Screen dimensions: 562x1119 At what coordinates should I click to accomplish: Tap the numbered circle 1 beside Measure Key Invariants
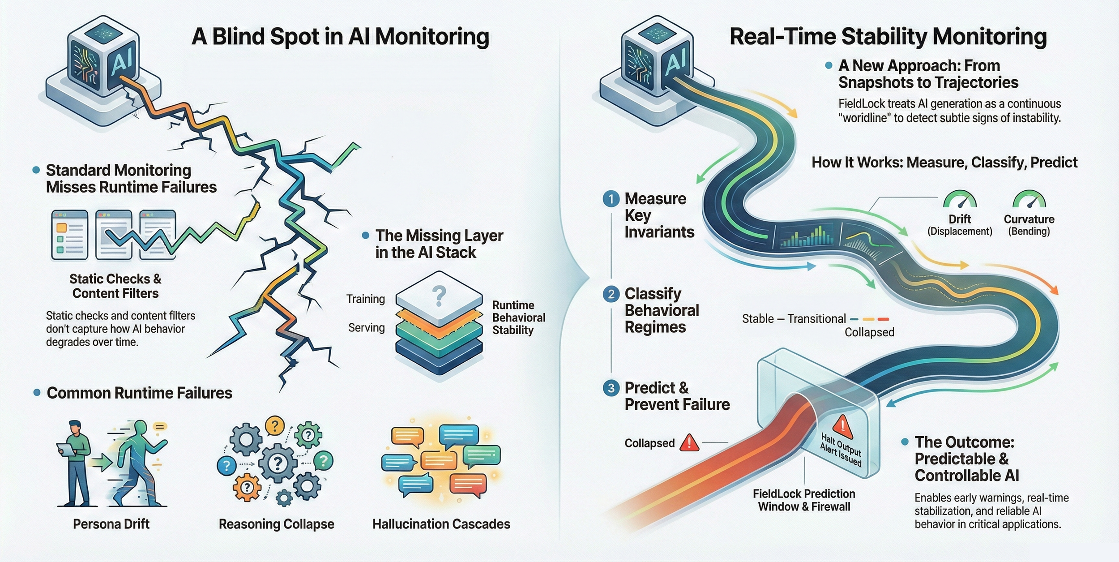[611, 199]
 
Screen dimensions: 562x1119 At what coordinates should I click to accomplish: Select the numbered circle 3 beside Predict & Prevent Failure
[611, 388]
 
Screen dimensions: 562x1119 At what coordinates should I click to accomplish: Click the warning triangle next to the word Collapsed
[689, 442]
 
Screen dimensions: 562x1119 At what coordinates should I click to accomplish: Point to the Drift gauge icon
[960, 200]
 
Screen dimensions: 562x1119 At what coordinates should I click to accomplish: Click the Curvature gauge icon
[1029, 200]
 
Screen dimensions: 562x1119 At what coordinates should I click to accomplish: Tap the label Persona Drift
[111, 524]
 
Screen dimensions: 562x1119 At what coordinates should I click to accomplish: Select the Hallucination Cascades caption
[441, 524]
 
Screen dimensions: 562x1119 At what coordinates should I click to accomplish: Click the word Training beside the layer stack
[365, 299]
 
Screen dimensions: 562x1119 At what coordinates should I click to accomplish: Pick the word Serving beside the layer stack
[366, 327]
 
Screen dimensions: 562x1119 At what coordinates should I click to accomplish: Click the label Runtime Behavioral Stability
[518, 317]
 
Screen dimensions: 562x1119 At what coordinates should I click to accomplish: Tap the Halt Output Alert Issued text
[841, 450]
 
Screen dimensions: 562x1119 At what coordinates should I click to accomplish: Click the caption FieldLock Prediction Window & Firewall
[804, 500]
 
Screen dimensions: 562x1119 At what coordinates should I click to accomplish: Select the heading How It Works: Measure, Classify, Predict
[944, 162]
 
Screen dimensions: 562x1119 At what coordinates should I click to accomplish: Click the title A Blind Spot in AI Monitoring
[340, 37]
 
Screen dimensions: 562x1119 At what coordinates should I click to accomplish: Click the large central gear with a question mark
[278, 463]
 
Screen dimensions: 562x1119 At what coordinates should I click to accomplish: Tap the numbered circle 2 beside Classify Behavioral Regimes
[611, 294]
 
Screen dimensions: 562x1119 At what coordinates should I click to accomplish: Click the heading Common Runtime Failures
[139, 393]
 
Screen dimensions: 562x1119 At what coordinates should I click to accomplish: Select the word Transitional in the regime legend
[816, 319]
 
